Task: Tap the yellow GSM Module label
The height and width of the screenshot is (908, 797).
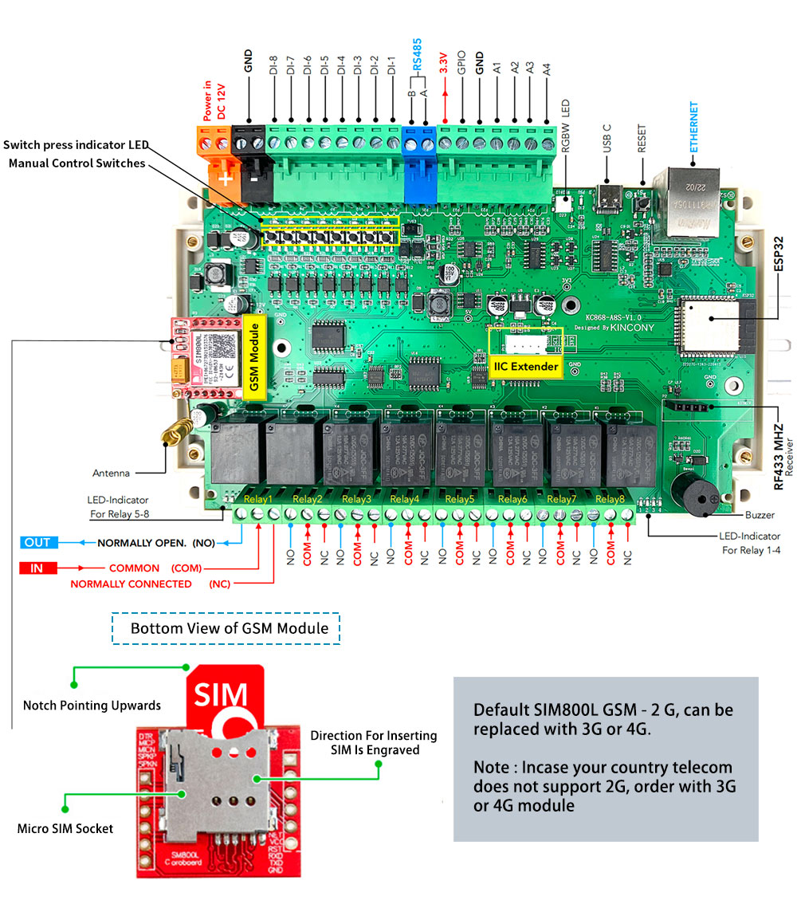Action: coord(255,353)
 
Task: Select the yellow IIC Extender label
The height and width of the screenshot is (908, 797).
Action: coord(526,367)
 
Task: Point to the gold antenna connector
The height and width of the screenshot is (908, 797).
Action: coord(172,434)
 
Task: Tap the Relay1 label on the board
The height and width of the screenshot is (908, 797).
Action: coord(258,499)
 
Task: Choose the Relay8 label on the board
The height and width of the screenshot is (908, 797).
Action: coord(611,499)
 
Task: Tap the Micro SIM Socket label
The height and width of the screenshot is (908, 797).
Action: coord(65,828)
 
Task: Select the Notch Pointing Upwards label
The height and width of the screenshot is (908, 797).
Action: coord(92,706)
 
